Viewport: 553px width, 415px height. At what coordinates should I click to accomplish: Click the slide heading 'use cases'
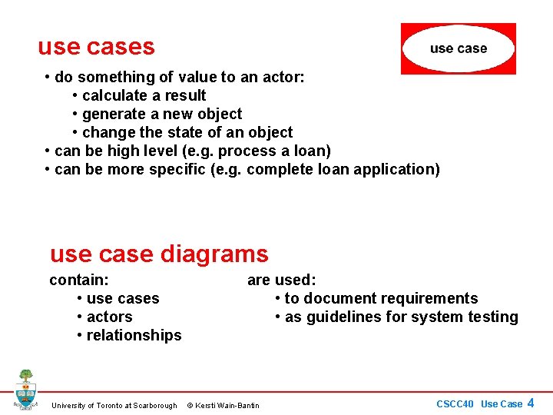pos(96,47)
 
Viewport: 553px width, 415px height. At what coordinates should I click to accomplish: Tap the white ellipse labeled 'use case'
pos(459,48)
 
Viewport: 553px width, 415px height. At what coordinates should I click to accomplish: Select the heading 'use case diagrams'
pos(159,254)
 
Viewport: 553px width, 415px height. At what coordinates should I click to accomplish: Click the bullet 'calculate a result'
pos(144,95)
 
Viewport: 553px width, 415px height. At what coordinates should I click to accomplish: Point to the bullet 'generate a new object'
pos(161,114)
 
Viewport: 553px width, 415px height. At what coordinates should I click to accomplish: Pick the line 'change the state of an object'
pos(187,132)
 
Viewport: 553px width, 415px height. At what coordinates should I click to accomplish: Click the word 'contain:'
pos(79,280)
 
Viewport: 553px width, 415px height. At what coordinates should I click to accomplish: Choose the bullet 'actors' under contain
pos(109,317)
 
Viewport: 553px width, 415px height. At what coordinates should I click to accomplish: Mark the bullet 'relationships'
pos(134,335)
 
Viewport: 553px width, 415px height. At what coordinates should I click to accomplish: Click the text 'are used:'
pos(281,280)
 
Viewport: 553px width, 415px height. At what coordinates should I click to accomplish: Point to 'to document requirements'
pos(381,298)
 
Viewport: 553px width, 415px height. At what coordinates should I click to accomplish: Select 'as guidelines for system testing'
pos(401,317)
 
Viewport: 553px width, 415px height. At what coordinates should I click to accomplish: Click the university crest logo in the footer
pos(25,390)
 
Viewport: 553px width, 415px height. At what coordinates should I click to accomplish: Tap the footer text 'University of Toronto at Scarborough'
pos(114,405)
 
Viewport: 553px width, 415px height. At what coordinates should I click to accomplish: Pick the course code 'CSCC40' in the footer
pos(455,404)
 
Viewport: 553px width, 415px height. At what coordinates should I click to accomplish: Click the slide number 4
pos(530,403)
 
